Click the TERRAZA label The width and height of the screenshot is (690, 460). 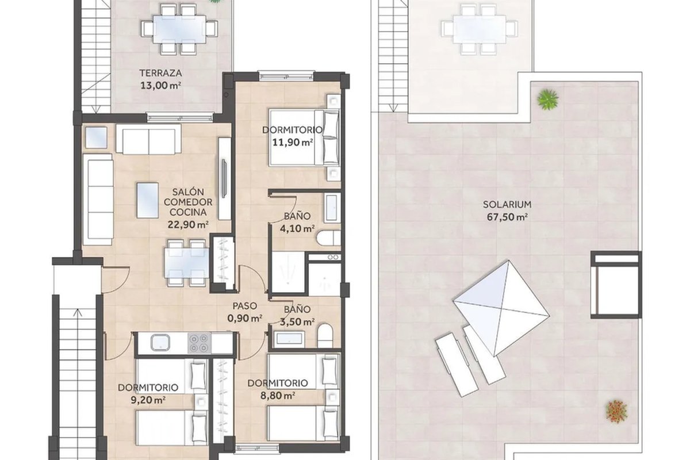160,73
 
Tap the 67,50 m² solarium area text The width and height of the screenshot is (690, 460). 507,217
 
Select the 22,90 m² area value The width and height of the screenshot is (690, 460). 188,225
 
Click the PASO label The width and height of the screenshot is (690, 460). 244,306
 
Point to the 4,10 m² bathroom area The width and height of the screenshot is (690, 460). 297,229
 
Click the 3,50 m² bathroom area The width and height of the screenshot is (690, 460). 297,321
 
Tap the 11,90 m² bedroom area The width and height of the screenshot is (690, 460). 293,143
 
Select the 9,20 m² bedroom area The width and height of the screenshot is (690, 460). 148,400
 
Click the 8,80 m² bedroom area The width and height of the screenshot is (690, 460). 278,395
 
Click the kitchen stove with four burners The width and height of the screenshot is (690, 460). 199,343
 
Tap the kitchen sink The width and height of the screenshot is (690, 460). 160,343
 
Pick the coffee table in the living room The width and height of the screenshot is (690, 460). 148,200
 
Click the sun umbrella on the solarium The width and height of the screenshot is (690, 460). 501,309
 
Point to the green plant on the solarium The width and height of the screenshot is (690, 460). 547,99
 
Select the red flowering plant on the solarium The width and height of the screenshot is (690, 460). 616,411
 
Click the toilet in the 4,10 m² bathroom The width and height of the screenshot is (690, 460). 328,238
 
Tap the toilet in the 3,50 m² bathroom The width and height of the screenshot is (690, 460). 325,336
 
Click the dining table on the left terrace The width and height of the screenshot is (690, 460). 179,29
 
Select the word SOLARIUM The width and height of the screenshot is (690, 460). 507,204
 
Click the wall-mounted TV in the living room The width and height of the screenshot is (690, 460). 224,178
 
